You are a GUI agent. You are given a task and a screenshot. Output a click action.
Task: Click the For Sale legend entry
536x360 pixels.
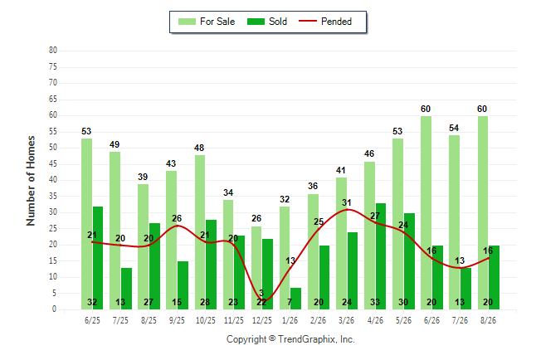(x=207, y=22)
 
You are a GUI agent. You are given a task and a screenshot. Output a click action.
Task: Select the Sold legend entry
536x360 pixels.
(x=267, y=22)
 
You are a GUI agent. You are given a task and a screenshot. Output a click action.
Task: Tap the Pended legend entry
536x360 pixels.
(x=325, y=22)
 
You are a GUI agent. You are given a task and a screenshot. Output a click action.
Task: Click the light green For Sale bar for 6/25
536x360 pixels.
(x=86, y=224)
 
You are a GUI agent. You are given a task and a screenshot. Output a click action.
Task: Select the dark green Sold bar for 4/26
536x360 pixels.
(x=381, y=256)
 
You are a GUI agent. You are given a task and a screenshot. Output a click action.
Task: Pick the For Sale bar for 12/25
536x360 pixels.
(x=256, y=268)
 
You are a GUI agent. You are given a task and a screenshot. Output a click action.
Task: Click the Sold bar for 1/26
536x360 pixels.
(x=295, y=299)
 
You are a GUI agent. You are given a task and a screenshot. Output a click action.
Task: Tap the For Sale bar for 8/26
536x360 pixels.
(x=483, y=212)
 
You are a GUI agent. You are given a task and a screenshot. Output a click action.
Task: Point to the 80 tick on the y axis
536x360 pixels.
(x=53, y=51)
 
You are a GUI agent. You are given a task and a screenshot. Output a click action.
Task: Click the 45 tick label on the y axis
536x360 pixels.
(x=53, y=163)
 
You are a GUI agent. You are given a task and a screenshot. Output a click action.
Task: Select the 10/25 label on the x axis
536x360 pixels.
(x=206, y=320)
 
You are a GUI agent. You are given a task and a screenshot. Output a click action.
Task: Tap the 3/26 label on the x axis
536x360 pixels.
(x=346, y=320)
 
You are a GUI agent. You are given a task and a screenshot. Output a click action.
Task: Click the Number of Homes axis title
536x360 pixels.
(x=31, y=181)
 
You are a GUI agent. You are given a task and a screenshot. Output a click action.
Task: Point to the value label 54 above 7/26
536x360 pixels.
(x=454, y=128)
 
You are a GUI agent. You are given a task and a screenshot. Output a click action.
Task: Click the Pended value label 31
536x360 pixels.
(x=347, y=202)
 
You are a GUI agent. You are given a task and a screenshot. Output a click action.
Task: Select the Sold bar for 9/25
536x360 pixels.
(x=183, y=285)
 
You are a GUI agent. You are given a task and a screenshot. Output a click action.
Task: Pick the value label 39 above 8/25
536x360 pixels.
(x=143, y=177)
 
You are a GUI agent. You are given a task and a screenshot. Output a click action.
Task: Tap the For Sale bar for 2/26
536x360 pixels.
(x=313, y=251)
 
